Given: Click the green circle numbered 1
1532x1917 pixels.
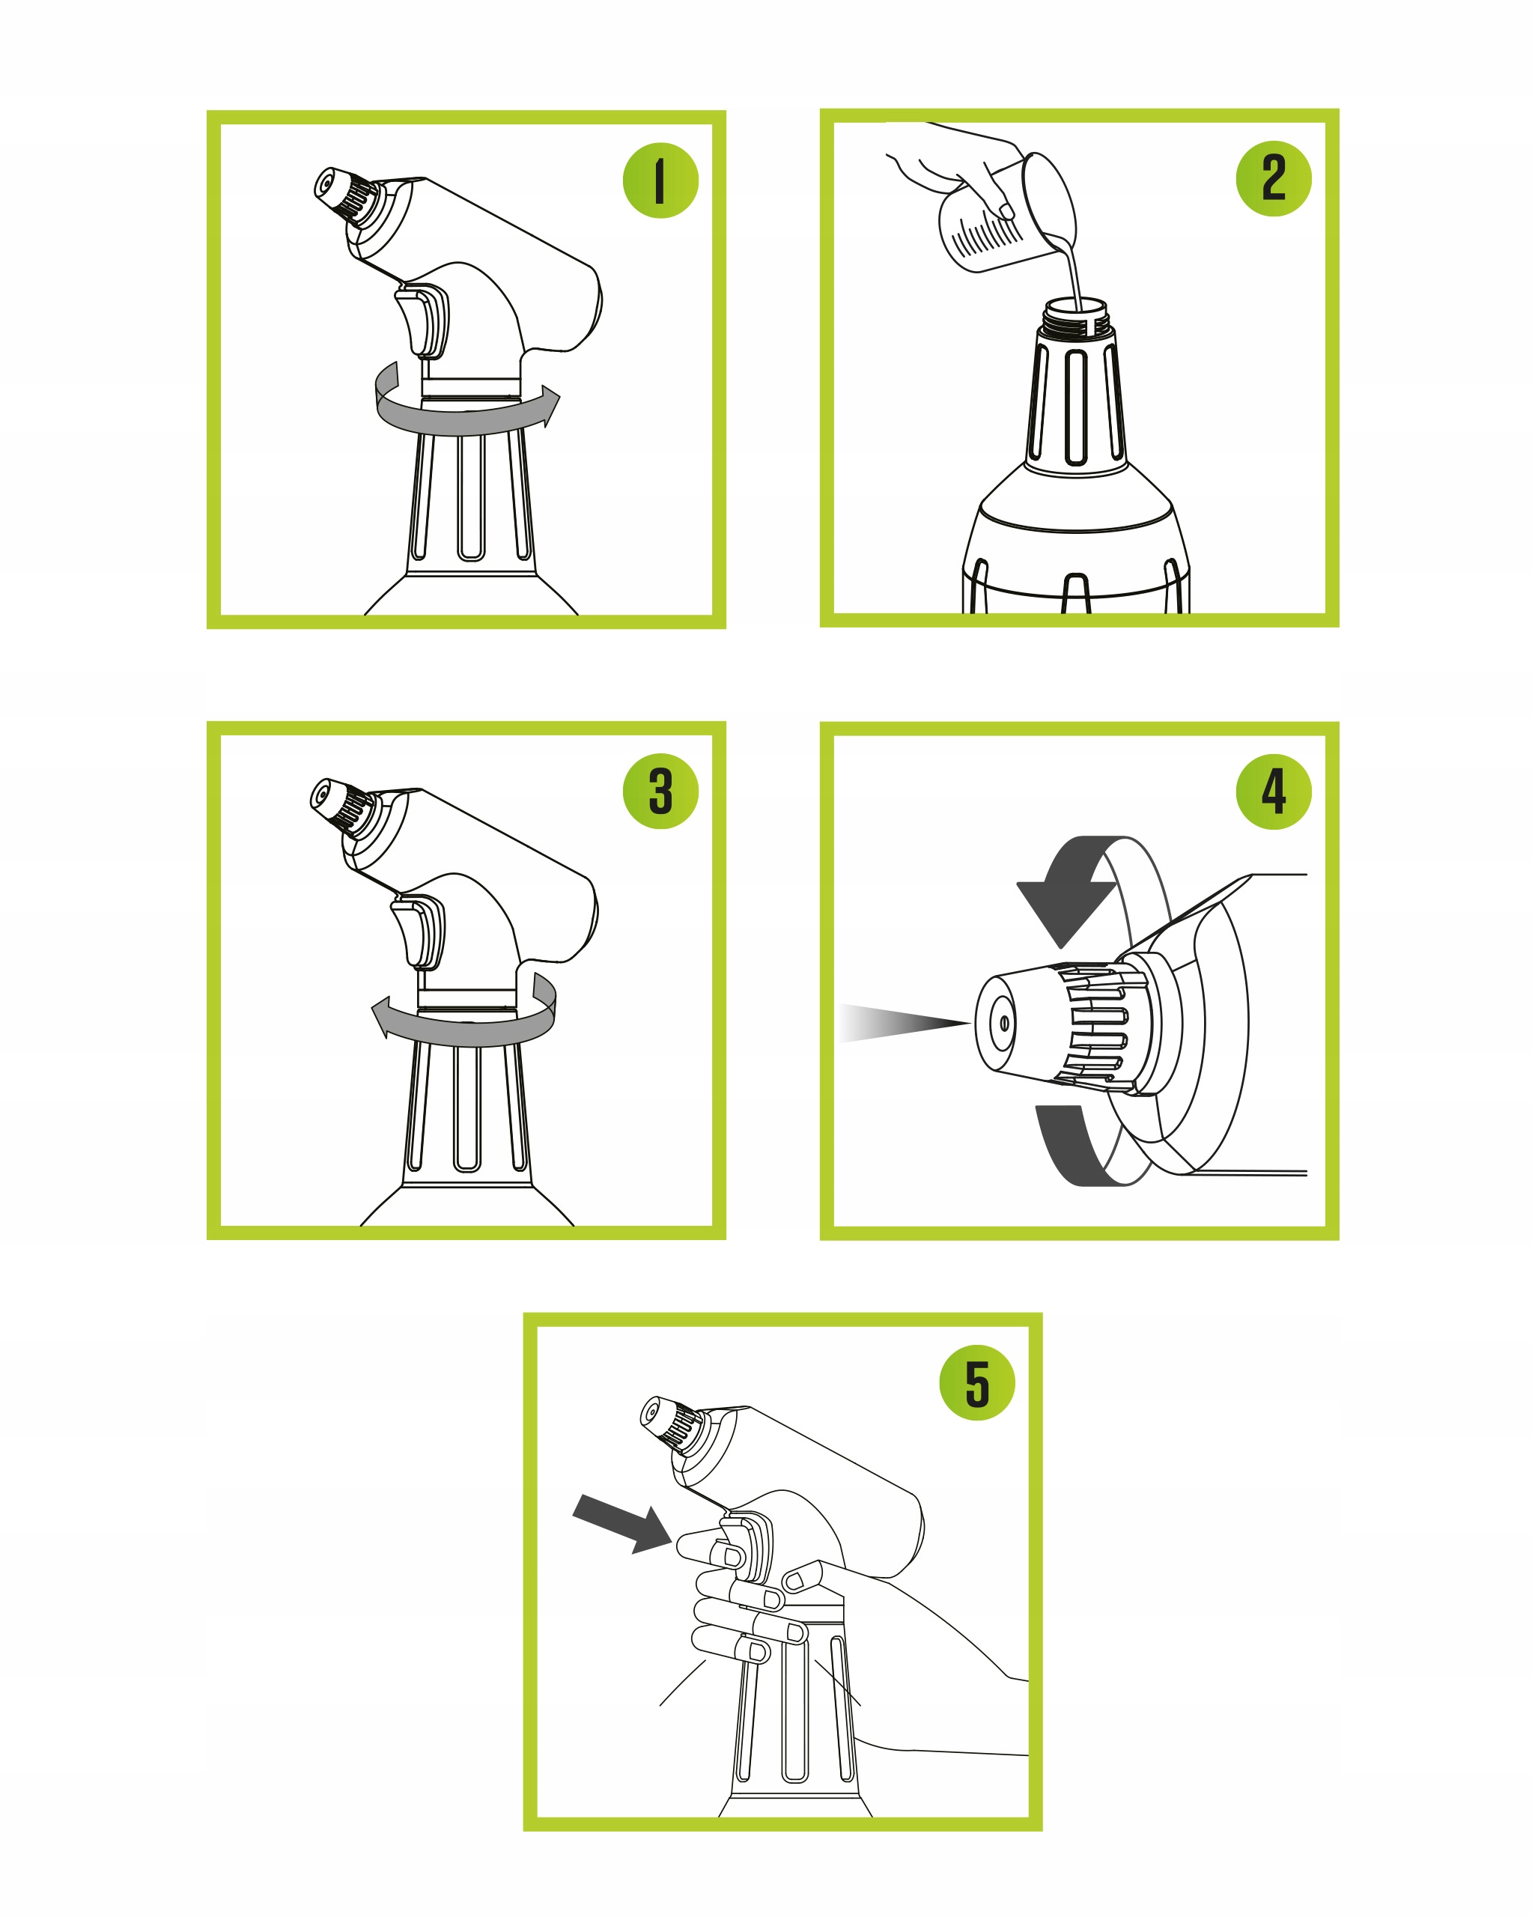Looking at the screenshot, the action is (660, 180).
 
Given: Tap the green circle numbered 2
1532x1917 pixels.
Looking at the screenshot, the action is (1273, 179).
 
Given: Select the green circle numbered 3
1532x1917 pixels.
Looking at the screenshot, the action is (660, 792).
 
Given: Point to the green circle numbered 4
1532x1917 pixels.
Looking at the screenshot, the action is (1273, 792).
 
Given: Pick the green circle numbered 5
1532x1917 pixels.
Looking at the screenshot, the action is (977, 1382).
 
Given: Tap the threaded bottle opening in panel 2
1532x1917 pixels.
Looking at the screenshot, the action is (1077, 318).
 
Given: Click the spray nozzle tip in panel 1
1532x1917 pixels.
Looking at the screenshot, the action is (326, 184).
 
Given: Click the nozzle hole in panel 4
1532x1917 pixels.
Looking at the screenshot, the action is (1005, 1024).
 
